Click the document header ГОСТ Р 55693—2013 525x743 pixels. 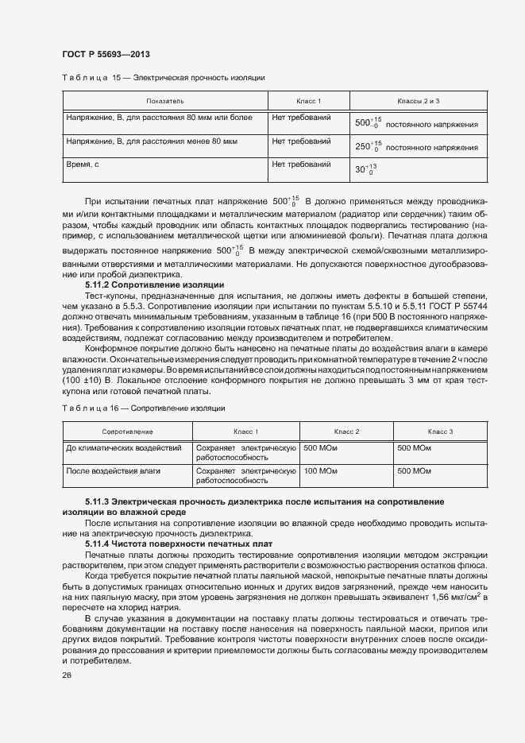pos(105,54)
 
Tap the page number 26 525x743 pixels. pos(66,675)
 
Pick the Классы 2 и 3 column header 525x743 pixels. pos(419,102)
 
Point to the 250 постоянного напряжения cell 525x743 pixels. pos(416,146)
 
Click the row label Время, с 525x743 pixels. pos(82,164)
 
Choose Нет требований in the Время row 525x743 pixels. pos(301,164)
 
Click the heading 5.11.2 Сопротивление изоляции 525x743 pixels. pos(154,284)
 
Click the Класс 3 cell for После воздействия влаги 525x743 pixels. pos(414,471)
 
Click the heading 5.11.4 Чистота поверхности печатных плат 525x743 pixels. pos(179,544)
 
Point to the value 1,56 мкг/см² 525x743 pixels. pos(456,596)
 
